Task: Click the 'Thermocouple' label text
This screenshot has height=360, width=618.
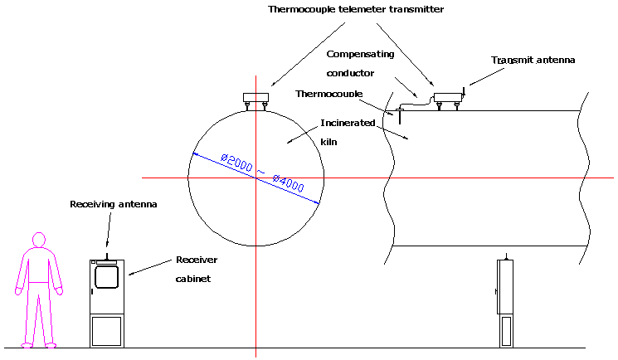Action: [328, 94]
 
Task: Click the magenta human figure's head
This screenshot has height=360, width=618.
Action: [37, 241]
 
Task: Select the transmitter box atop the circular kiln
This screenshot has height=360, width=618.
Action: [255, 98]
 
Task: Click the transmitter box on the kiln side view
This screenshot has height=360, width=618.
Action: [447, 96]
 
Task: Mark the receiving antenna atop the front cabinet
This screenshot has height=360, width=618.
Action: [106, 253]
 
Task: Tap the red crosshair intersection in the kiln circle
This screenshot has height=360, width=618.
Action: [255, 178]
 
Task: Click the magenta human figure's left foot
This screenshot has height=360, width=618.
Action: [26, 343]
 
